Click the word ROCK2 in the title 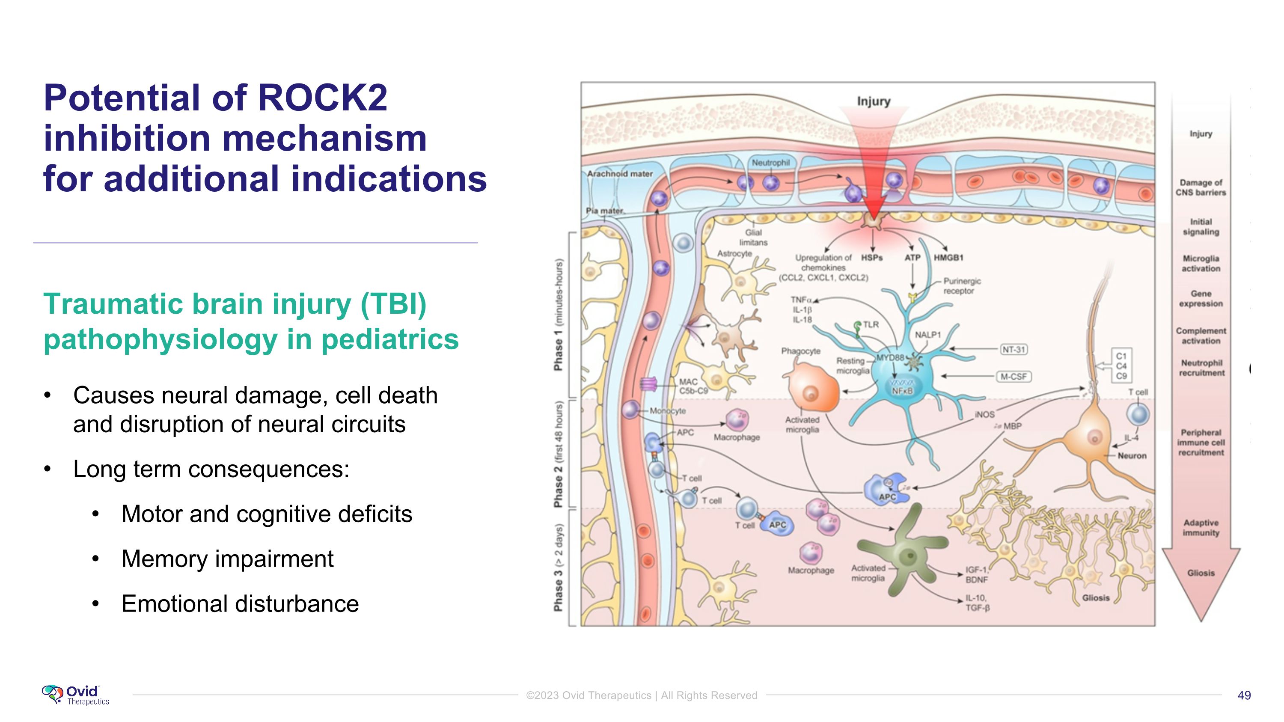pos(322,98)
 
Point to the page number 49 pos(1244,695)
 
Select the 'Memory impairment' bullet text pos(227,559)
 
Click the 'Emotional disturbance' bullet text pos(240,603)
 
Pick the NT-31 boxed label pos(1014,349)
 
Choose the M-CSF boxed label pos(1014,377)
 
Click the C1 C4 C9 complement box pos(1121,366)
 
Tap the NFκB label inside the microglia pos(902,391)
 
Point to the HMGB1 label pos(948,258)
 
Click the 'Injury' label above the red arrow pos(873,101)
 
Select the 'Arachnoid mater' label pos(620,174)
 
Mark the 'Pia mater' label pos(604,211)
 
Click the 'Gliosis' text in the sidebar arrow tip pos(1201,573)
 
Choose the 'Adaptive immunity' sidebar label pos(1201,528)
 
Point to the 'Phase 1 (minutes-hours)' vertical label pos(559,315)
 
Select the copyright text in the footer pos(642,695)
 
